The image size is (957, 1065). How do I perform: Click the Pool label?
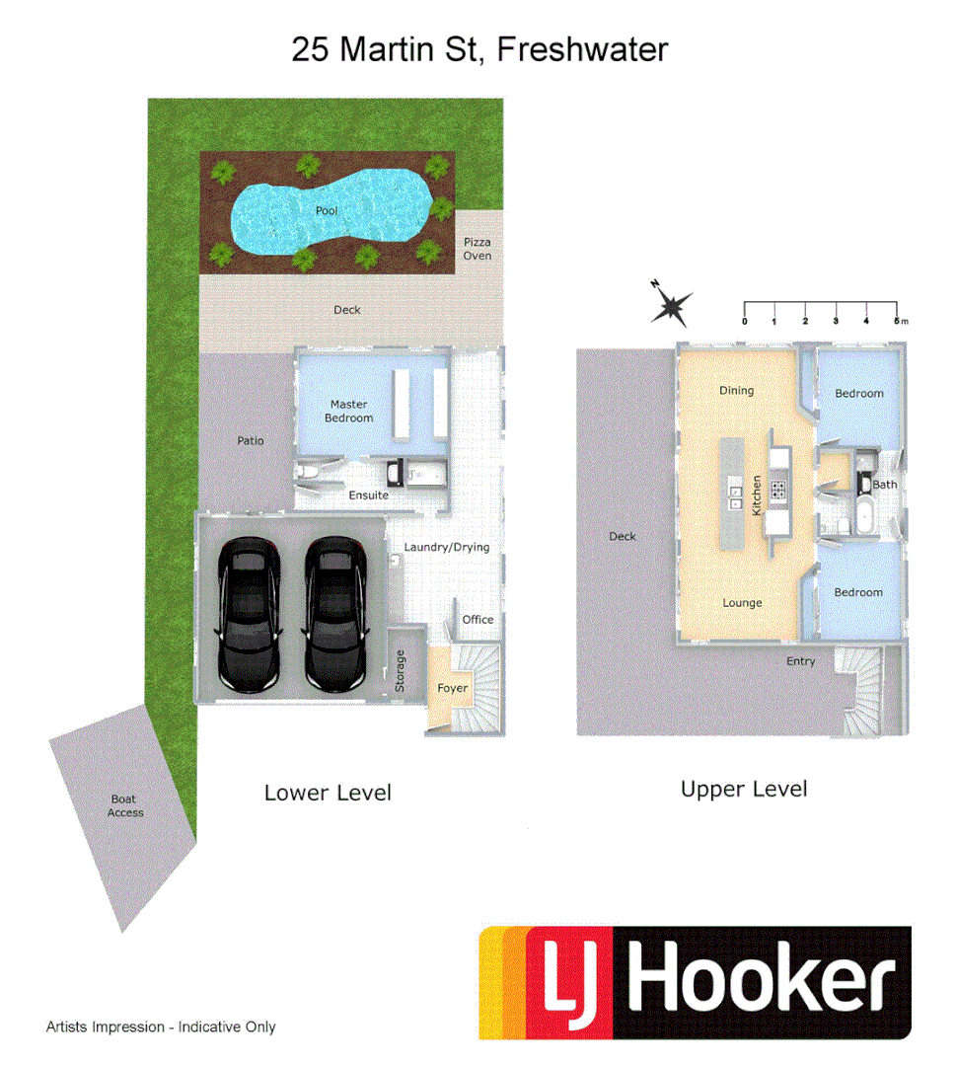327,211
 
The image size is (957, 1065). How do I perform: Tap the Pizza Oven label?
478,249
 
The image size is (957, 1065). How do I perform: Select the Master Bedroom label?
349,411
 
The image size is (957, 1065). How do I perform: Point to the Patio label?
251,440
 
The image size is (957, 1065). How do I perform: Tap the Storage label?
401,670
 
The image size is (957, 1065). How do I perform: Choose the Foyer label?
453,688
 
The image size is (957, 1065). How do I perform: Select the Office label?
478,619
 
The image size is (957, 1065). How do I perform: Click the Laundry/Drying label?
447,547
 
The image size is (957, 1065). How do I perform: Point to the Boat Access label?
125,805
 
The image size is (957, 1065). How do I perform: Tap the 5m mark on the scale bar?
898,321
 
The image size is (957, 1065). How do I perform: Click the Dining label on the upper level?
736,391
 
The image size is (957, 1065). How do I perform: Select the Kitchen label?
758,494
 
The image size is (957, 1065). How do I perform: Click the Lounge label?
742,603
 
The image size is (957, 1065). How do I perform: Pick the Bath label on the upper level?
885,485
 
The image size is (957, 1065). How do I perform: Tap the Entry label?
800,661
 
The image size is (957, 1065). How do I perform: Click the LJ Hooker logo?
695,982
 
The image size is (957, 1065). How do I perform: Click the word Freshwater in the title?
582,49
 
